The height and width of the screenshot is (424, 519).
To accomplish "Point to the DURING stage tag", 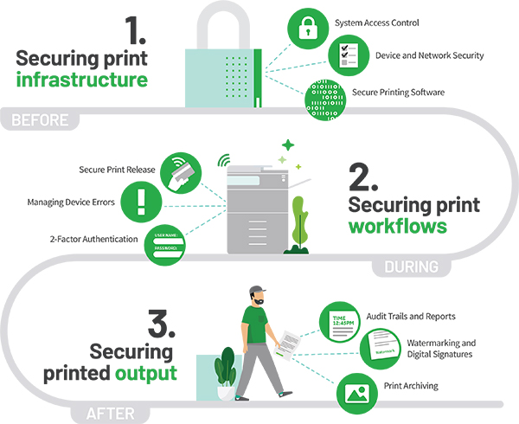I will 409,267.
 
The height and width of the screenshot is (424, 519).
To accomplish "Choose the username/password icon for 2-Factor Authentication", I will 178,239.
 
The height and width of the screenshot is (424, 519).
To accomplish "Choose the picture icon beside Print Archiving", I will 354,390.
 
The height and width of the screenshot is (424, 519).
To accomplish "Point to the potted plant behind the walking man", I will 227,372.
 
